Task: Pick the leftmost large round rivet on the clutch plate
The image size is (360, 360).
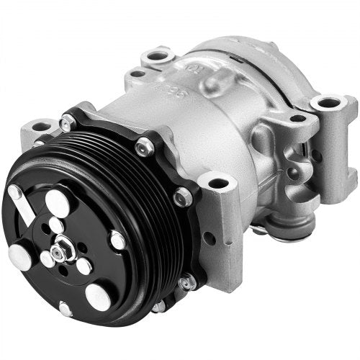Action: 19,257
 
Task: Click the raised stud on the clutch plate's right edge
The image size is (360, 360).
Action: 117,240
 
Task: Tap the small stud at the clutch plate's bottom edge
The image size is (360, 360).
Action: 66,309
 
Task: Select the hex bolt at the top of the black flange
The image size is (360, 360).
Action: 144,147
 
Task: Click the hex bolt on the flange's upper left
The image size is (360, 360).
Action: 66,123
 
